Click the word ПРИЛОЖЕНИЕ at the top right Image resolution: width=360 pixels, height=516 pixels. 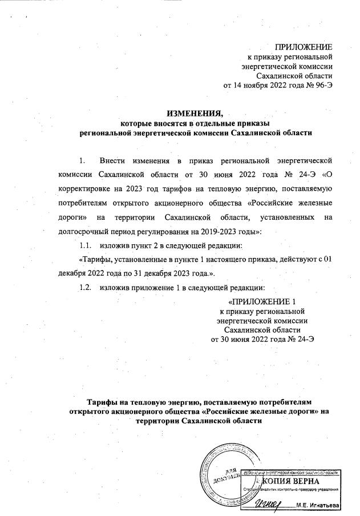pos(304,46)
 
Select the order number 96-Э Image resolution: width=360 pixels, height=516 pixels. pos(320,86)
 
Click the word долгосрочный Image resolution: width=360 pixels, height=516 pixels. pos(83,232)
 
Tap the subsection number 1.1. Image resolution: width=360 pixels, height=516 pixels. pos(87,246)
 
